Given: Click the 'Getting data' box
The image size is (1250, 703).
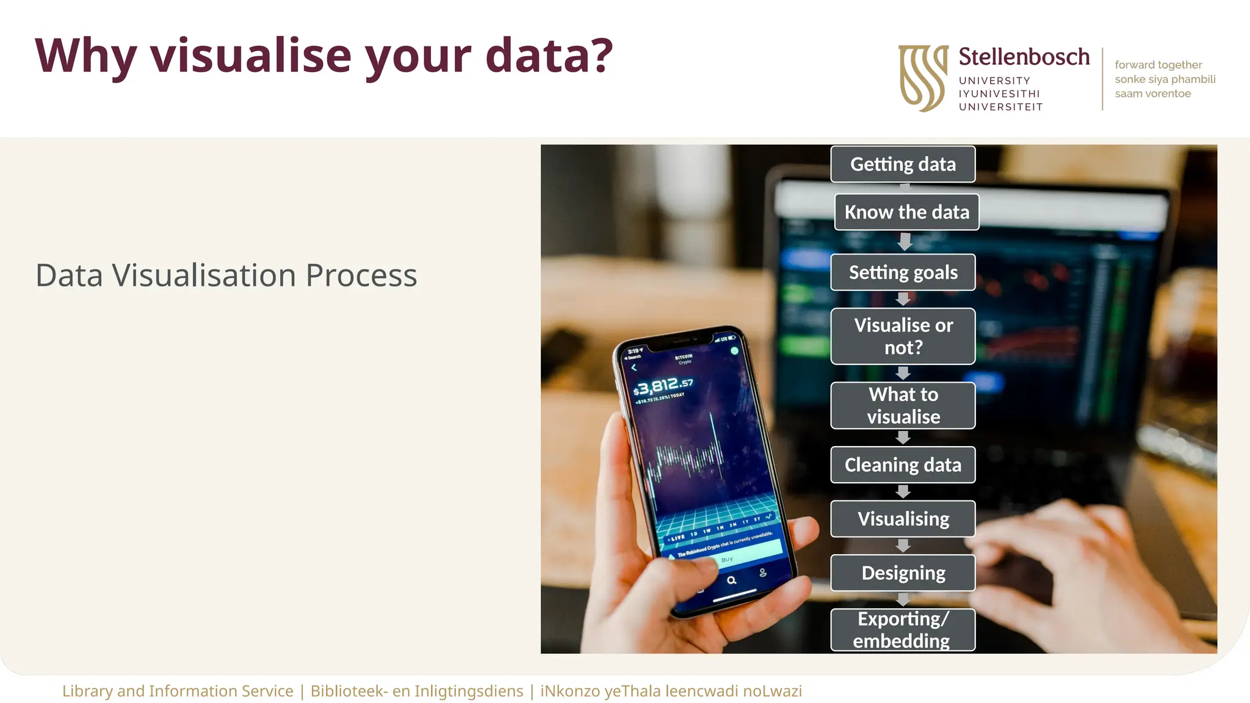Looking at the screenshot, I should pyautogui.click(x=903, y=164).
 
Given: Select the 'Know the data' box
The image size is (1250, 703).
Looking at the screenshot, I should pyautogui.click(x=906, y=212).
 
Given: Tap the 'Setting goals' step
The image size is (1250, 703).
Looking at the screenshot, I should pyautogui.click(x=903, y=272).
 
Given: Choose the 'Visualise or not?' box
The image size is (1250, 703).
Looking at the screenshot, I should pyautogui.click(x=903, y=336).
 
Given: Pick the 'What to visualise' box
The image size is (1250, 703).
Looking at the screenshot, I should pyautogui.click(x=903, y=405).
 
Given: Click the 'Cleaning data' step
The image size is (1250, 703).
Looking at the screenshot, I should pyautogui.click(x=903, y=465).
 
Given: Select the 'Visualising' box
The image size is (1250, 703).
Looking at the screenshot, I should pyautogui.click(x=903, y=519).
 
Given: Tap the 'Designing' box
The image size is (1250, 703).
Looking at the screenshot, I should pyautogui.click(x=903, y=573).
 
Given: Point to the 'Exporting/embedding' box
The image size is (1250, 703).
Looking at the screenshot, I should pyautogui.click(x=903, y=630).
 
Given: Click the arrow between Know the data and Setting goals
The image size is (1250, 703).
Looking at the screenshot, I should pyautogui.click(x=905, y=242).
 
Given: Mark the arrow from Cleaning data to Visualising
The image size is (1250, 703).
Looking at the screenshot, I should pyautogui.click(x=903, y=492).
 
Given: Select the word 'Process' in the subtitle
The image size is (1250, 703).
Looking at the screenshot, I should pyautogui.click(x=361, y=275).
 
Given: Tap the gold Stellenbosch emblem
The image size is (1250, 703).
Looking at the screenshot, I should pyautogui.click(x=923, y=78).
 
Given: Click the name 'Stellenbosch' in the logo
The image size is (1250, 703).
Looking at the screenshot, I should pyautogui.click(x=1024, y=57).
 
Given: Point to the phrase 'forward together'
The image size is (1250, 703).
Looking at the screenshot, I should pyautogui.click(x=1158, y=65).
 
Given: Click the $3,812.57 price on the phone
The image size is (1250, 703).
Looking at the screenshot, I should pyautogui.click(x=663, y=386).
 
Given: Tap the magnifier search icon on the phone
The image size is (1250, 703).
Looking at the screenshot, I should pyautogui.click(x=731, y=580).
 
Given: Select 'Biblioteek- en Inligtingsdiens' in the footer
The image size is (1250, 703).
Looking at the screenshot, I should pyautogui.click(x=417, y=691).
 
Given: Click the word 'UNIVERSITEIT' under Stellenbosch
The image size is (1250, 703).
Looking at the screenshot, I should pyautogui.click(x=1000, y=107).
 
